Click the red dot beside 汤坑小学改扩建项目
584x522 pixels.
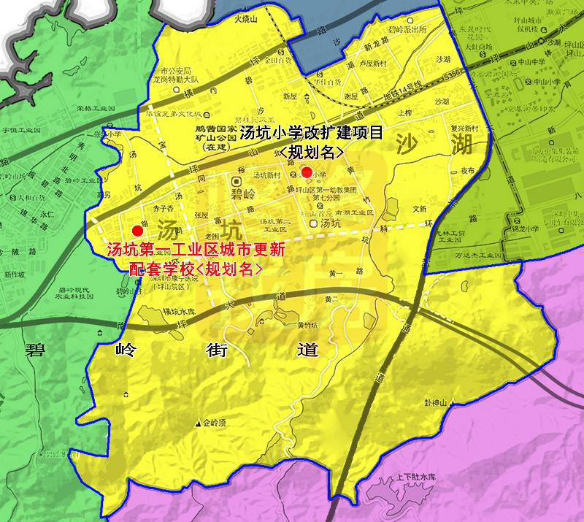(x=307, y=172)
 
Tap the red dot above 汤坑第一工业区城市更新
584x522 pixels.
(x=137, y=229)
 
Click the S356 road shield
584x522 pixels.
(x=452, y=74)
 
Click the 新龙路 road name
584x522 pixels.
(x=380, y=42)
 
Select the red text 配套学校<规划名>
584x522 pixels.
(x=195, y=267)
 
